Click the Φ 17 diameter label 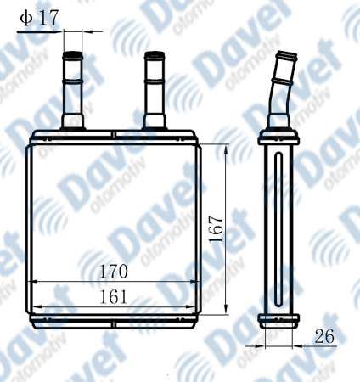click(x=40, y=18)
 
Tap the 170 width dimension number click(x=114, y=271)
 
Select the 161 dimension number click(x=114, y=297)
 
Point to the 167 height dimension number click(x=217, y=229)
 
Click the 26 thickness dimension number click(x=324, y=336)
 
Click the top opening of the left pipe click(x=73, y=54)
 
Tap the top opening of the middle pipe click(x=155, y=54)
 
